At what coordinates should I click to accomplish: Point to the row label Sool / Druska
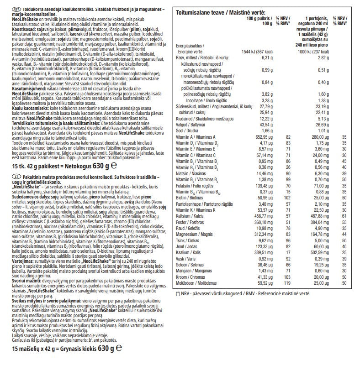pos(187,130)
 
